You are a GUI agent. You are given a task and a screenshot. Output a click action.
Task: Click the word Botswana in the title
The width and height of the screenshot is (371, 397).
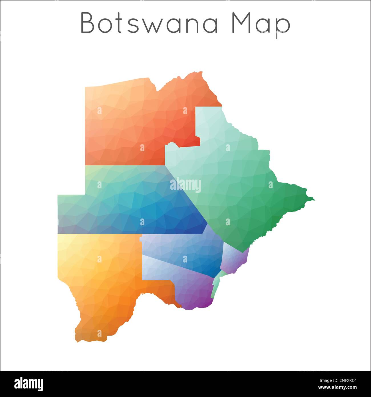click(x=150, y=23)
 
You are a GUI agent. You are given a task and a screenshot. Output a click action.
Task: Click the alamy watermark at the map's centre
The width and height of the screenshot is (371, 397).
click(x=185, y=185)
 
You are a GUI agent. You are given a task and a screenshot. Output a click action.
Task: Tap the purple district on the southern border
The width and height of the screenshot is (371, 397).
click(x=194, y=291)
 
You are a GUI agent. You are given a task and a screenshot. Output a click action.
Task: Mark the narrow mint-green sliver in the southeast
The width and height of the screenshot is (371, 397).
click(x=217, y=283)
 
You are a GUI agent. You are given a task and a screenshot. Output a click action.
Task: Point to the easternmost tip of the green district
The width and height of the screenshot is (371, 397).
click(x=314, y=199)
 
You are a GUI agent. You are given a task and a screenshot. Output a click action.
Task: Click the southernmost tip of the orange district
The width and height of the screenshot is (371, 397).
click(x=78, y=341)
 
